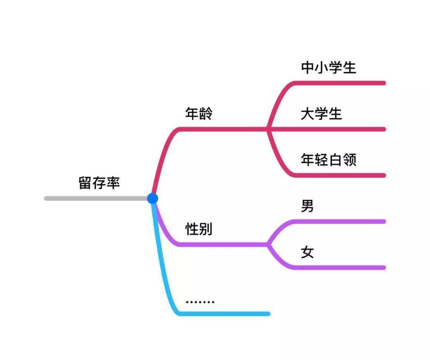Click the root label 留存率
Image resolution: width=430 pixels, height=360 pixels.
99,183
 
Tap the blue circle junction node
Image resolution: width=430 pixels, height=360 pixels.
152,198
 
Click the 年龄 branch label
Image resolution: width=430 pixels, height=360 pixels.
199,114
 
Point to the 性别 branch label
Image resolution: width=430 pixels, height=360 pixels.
199,229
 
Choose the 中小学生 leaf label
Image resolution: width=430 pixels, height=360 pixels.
328,68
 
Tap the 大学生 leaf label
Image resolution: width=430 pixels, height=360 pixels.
321,114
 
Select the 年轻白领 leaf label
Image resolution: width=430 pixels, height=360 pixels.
328,160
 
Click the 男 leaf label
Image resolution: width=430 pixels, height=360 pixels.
307,206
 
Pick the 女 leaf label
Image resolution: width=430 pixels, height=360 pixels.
307,252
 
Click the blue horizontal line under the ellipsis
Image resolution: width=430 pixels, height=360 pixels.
227,313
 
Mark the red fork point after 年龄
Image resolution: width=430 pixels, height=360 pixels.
268,129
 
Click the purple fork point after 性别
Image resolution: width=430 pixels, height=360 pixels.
268,244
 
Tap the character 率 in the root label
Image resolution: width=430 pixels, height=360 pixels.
113,183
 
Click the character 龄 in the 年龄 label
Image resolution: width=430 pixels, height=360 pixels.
206,114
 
